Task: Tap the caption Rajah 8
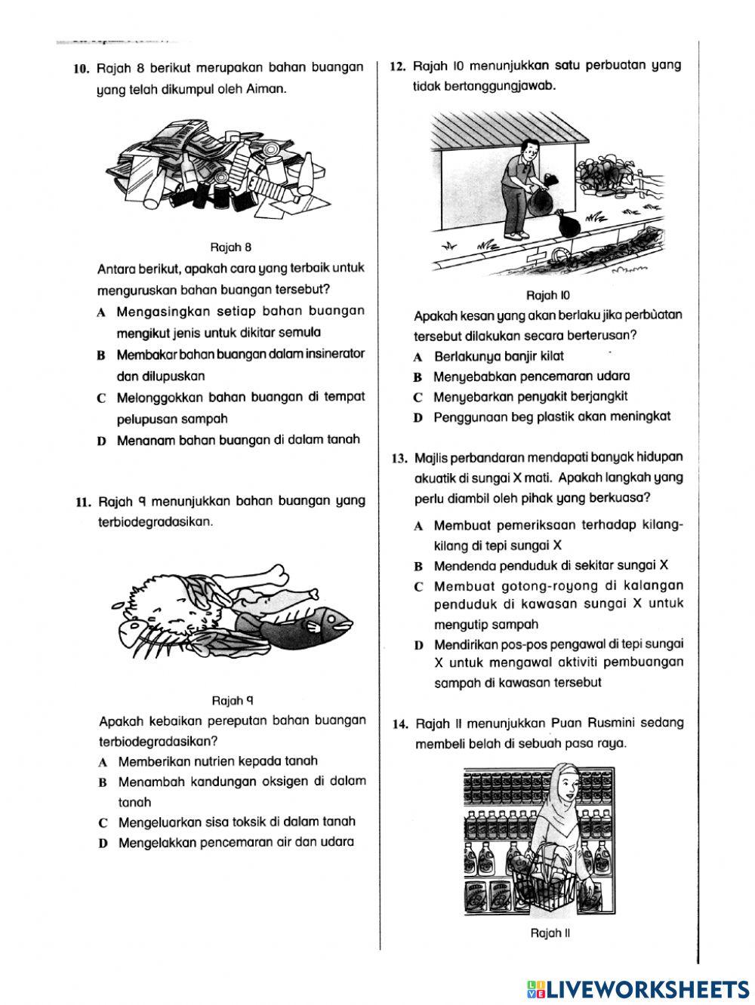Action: tap(231, 247)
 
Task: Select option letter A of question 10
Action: tap(101, 312)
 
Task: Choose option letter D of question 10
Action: tap(101, 441)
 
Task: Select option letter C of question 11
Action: tap(103, 822)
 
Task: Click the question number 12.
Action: tap(398, 66)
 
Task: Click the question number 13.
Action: tap(399, 458)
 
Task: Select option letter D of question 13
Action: tap(418, 646)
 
